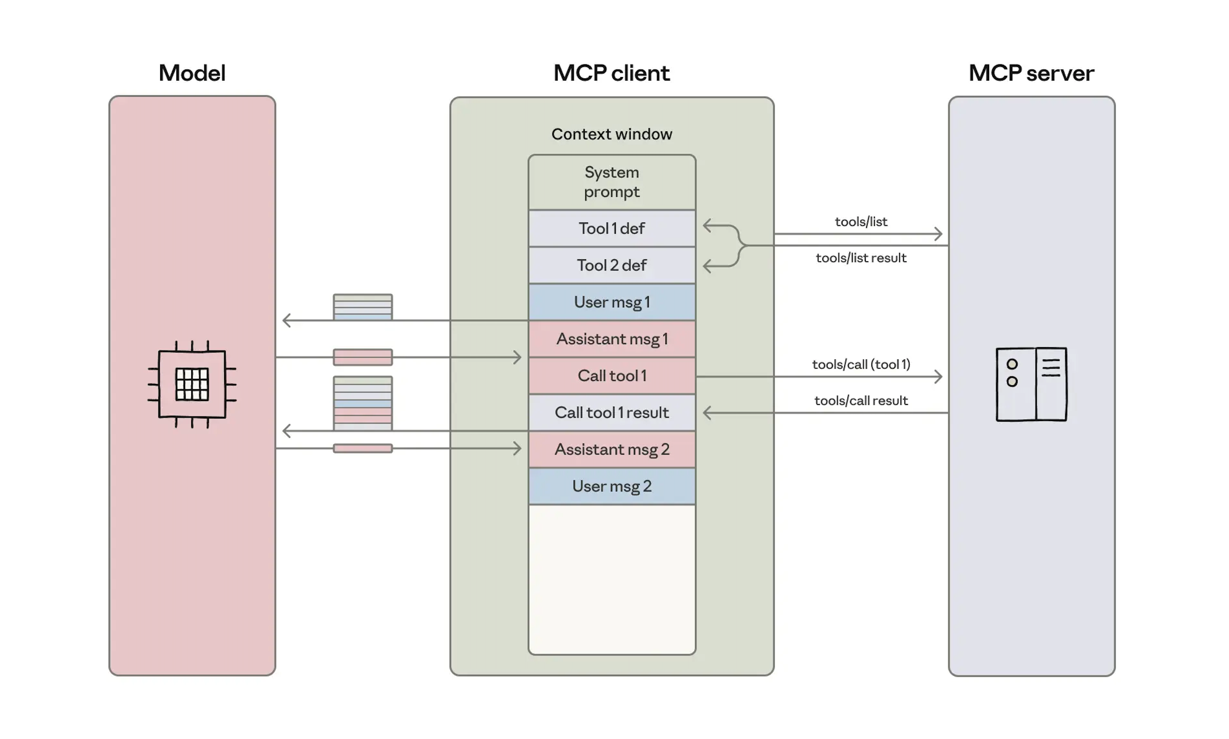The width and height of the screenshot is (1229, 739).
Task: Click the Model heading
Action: tap(192, 73)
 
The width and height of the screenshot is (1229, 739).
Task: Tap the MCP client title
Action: tap(611, 73)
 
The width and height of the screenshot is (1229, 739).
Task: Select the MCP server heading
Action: tap(1031, 73)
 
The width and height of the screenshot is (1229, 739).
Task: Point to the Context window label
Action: tap(611, 134)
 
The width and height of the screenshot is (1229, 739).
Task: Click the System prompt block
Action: tap(611, 182)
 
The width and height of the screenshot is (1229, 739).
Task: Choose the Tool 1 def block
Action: tap(611, 228)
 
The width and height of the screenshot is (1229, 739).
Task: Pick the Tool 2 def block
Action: tap(611, 265)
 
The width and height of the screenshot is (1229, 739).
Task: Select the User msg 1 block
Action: tap(611, 302)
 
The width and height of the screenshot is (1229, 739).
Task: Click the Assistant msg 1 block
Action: tap(611, 338)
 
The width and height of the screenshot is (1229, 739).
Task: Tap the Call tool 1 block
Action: tap(611, 376)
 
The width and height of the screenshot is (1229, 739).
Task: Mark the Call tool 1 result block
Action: tap(611, 412)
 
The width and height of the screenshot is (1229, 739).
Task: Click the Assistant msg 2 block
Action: tap(611, 449)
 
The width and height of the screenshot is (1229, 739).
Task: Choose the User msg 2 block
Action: tap(611, 486)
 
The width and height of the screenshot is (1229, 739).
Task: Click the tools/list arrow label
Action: tap(860, 222)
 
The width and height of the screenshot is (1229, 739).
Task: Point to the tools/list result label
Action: tap(860, 258)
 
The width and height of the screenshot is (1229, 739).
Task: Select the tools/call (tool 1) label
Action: tap(860, 365)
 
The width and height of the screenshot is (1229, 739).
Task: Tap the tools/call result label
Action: tap(860, 401)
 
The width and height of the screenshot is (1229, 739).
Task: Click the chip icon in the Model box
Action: tap(192, 384)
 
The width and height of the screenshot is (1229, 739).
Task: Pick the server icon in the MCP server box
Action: tap(1031, 384)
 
